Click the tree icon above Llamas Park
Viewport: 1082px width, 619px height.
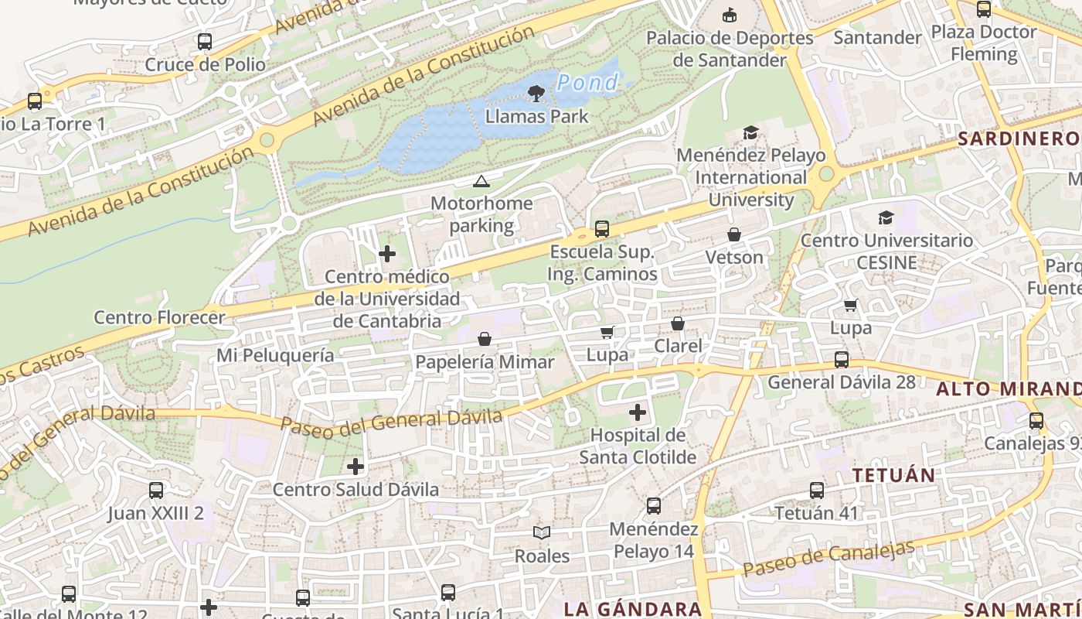[535, 94]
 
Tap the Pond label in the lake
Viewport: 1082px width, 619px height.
[587, 82]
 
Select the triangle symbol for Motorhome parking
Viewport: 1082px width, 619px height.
[481, 182]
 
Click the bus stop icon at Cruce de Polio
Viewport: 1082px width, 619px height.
[205, 42]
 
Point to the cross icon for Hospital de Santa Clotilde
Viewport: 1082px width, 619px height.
[638, 412]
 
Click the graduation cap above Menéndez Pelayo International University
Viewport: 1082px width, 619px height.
[750, 133]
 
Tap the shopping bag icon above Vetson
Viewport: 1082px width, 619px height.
[734, 234]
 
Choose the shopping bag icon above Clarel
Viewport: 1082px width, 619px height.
[678, 323]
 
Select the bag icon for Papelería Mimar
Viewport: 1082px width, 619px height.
[485, 339]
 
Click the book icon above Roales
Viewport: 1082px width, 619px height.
[542, 532]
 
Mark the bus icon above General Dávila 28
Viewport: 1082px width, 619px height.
[842, 360]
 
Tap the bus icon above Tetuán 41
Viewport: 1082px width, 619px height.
[817, 490]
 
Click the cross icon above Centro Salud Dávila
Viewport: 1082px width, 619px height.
[356, 467]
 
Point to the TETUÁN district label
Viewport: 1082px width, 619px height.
[893, 475]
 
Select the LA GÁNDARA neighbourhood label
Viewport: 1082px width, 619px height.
[632, 609]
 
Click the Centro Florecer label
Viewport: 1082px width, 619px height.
[159, 317]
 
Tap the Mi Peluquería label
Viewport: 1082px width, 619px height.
[275, 355]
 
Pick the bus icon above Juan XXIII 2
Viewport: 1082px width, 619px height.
[156, 491]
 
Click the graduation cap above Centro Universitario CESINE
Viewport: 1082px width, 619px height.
[886, 218]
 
